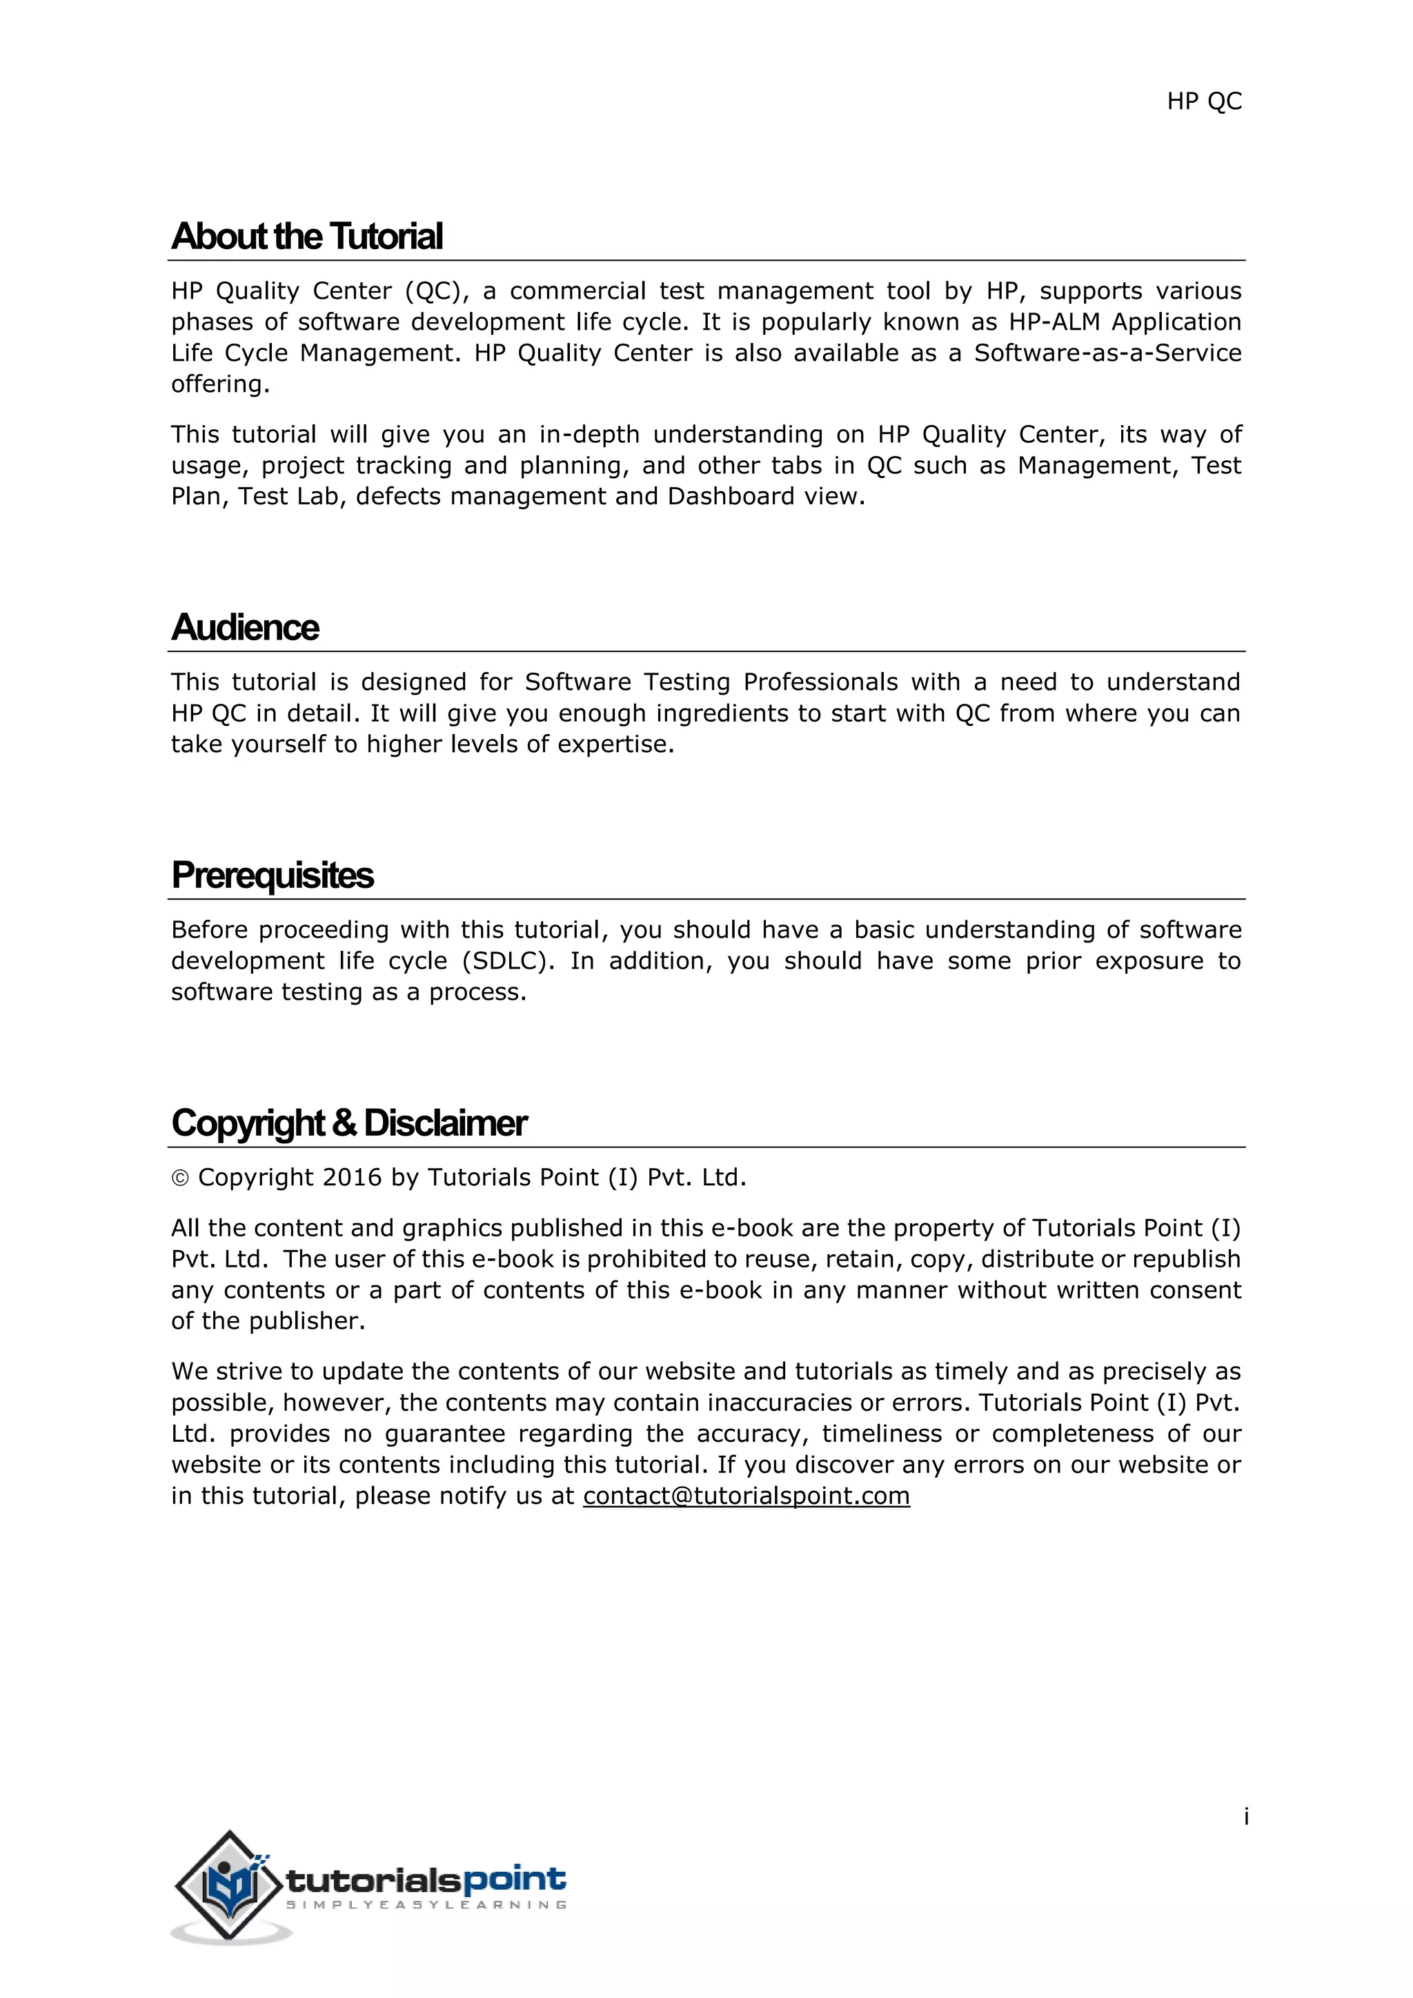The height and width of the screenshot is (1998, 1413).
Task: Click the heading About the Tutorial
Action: (x=307, y=237)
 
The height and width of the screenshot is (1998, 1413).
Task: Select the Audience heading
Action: (x=246, y=627)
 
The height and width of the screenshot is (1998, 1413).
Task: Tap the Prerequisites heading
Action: (x=273, y=876)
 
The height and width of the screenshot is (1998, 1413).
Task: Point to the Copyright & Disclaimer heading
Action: (x=349, y=1123)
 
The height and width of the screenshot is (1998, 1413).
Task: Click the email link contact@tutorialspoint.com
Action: (x=746, y=1495)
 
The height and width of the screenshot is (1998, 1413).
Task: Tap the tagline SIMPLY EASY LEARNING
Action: (x=426, y=1905)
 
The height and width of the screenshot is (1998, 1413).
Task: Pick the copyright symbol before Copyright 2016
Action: (x=180, y=1178)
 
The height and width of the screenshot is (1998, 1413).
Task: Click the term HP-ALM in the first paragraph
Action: (x=1056, y=322)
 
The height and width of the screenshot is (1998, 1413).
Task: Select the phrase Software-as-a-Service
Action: (x=1107, y=353)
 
